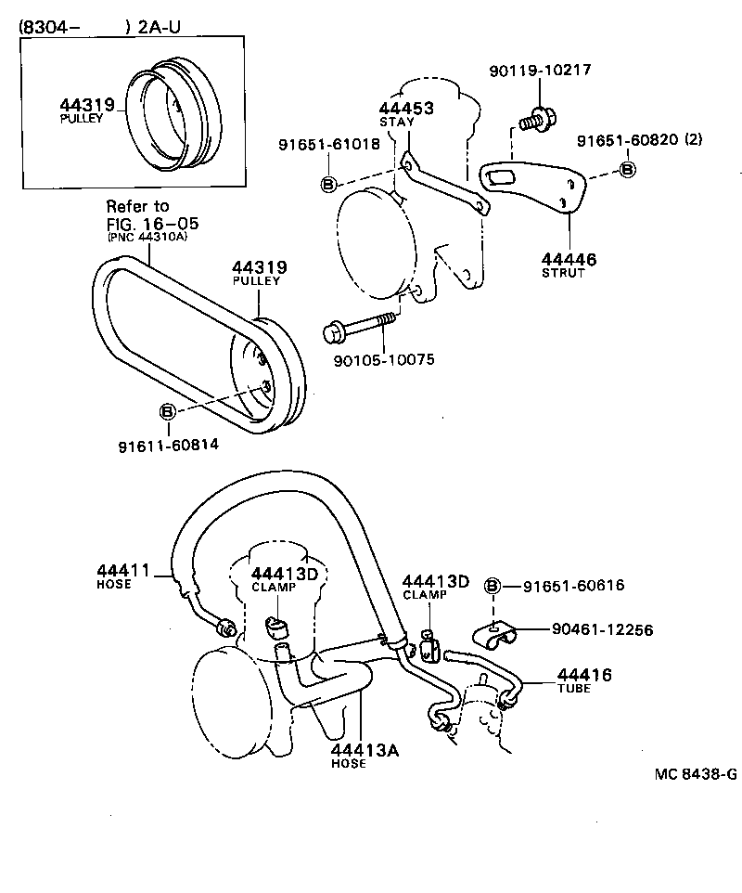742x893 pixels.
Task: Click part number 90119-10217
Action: (540, 71)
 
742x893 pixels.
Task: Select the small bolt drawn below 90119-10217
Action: (535, 119)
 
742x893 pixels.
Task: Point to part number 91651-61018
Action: (328, 144)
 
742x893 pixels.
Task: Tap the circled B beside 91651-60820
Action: (627, 169)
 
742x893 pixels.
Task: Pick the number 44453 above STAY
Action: (405, 108)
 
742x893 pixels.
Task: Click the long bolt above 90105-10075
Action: (357, 327)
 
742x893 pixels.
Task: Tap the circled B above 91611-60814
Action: (168, 411)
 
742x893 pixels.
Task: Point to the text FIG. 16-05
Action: (152, 224)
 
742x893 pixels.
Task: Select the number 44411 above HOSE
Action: (122, 569)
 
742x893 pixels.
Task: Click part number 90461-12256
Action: (602, 629)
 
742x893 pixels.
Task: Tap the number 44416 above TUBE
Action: (584, 675)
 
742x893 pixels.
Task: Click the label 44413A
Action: (365, 750)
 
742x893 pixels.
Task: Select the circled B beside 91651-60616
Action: (493, 585)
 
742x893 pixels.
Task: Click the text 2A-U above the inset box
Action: (159, 27)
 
